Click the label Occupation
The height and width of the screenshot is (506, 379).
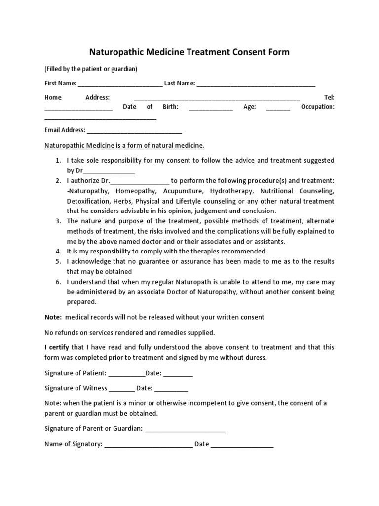click(317, 107)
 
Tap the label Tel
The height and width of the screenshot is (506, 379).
click(329, 98)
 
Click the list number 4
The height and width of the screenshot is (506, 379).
click(58, 251)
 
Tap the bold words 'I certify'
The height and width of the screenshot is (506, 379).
click(57, 348)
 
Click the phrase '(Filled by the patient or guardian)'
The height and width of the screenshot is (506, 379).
click(91, 69)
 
